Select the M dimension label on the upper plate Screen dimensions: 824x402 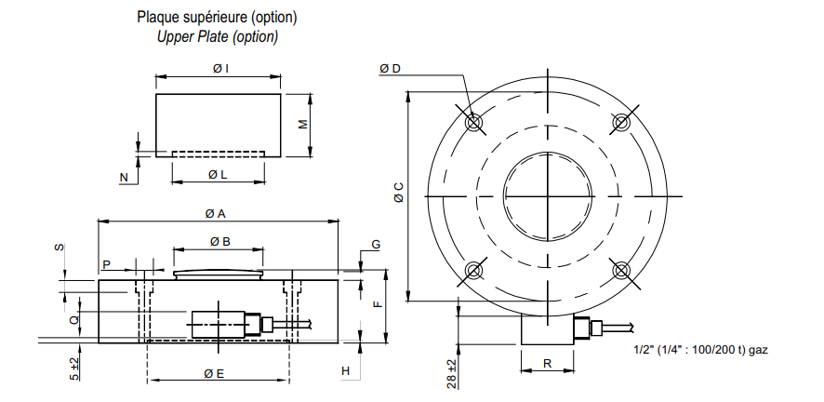pos(303,125)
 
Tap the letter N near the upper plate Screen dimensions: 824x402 pos(124,178)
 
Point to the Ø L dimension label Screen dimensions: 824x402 pos(218,174)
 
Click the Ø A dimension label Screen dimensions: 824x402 pos(216,213)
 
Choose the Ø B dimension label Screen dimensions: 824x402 pos(220,242)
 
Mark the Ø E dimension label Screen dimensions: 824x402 pos(215,374)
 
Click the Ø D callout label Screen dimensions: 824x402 pos(390,69)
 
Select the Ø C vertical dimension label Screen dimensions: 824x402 pos(399,193)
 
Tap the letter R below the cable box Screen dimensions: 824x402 pos(548,363)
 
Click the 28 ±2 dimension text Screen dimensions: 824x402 pos(451,373)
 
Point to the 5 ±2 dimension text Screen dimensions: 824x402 pos(74,368)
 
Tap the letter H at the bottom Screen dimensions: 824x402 pos(345,371)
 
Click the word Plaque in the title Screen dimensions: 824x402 pos(156,17)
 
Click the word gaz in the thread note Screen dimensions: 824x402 pos(758,350)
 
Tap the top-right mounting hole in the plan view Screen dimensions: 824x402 pos(621,123)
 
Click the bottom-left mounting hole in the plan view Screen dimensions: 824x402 pos(474,270)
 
